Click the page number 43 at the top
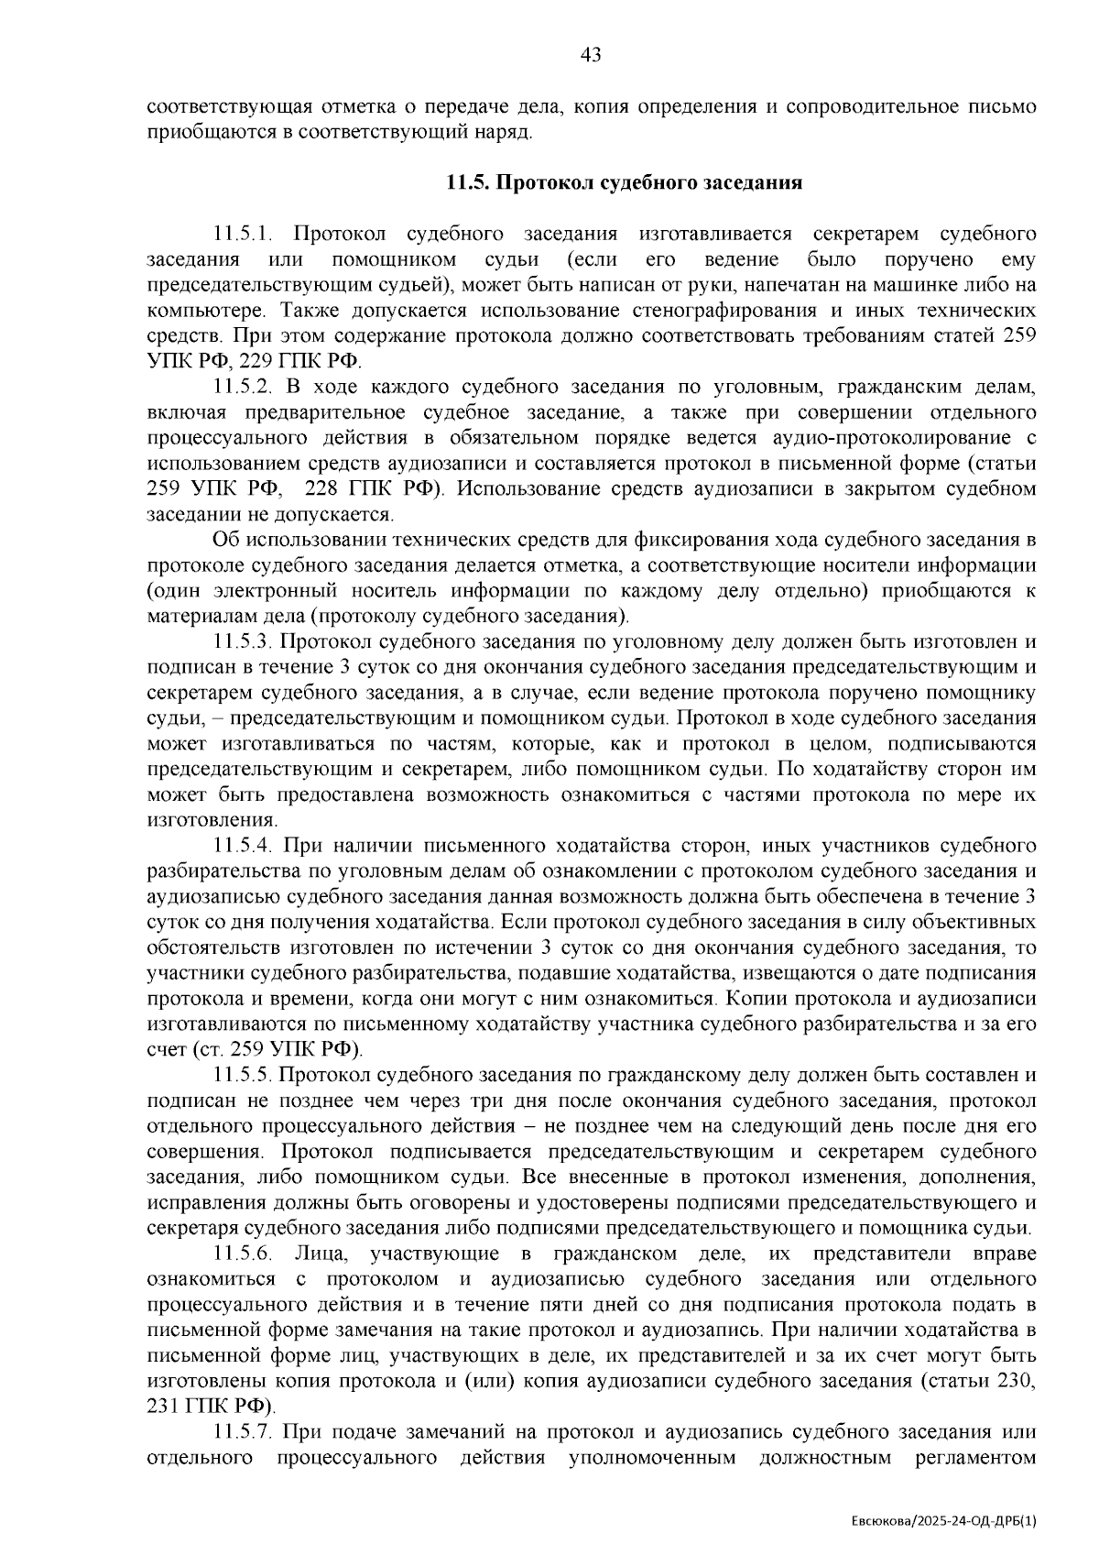(x=591, y=55)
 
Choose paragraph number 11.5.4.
(x=245, y=845)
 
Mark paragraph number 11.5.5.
(x=245, y=1074)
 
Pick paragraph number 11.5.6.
(x=245, y=1253)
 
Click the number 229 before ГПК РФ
(x=256, y=361)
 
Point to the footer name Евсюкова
(x=881, y=1520)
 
